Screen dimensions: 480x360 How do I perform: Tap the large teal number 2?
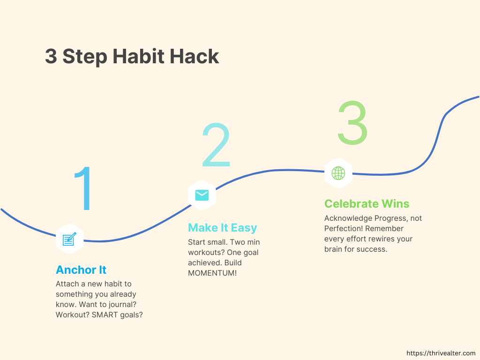click(x=216, y=144)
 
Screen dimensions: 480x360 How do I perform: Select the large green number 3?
click(x=352, y=122)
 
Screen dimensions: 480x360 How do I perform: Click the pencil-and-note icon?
click(x=69, y=239)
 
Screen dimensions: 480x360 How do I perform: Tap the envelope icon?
click(x=202, y=195)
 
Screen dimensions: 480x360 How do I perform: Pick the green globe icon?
click(x=338, y=173)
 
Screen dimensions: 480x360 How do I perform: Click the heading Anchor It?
click(x=81, y=270)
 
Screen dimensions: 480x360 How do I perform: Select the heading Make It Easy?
click(x=223, y=228)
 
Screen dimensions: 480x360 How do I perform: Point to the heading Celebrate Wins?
click(x=367, y=203)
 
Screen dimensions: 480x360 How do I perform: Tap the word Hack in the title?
click(x=195, y=56)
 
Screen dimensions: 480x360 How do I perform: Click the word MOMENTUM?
click(x=212, y=273)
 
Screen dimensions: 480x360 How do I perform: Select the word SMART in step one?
click(x=102, y=315)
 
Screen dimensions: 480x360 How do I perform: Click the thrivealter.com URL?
click(x=441, y=353)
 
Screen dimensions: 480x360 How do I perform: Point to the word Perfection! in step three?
click(x=344, y=228)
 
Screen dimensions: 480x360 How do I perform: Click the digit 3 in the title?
click(x=51, y=56)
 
